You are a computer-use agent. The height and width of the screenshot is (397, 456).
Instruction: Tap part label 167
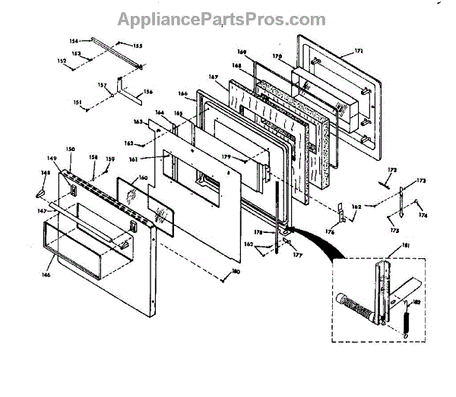click(x=214, y=77)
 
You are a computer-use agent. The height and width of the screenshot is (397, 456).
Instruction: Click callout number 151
click(x=77, y=102)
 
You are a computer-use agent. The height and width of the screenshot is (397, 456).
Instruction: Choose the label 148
click(x=45, y=172)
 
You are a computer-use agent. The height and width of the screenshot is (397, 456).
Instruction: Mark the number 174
click(x=424, y=216)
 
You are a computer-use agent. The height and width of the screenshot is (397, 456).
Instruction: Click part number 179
click(x=226, y=157)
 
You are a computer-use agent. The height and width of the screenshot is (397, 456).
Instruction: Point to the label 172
click(x=392, y=169)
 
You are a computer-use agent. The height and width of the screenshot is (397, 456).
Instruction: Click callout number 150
click(x=71, y=150)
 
